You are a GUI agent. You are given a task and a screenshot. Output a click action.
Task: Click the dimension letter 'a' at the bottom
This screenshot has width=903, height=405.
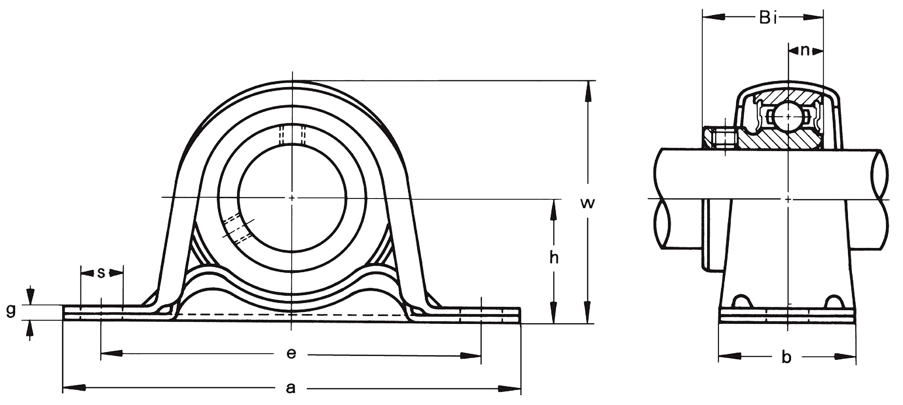point(290,388)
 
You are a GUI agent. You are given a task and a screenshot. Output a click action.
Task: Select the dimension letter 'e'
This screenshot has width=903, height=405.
point(291,353)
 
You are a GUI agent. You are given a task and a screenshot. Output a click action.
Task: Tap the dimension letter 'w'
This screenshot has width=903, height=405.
point(587,203)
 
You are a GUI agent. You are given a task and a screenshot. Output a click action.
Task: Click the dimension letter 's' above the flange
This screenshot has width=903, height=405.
point(101,273)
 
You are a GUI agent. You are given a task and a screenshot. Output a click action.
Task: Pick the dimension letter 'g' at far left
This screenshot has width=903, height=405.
point(11,311)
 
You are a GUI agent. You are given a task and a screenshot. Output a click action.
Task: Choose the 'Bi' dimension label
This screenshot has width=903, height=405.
point(768,18)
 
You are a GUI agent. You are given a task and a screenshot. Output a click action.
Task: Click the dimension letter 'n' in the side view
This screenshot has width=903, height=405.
point(804,50)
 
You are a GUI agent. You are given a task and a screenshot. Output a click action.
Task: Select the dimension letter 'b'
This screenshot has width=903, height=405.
point(786,357)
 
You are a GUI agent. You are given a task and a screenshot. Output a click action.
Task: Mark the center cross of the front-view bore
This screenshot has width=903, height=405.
point(292,198)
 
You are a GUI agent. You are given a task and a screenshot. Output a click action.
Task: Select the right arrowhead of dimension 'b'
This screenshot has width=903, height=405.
point(845,356)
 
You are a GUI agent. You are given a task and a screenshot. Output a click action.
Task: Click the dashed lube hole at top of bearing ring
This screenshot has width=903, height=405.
point(292,135)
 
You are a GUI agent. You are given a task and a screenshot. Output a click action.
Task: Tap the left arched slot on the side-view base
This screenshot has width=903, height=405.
point(741,302)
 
